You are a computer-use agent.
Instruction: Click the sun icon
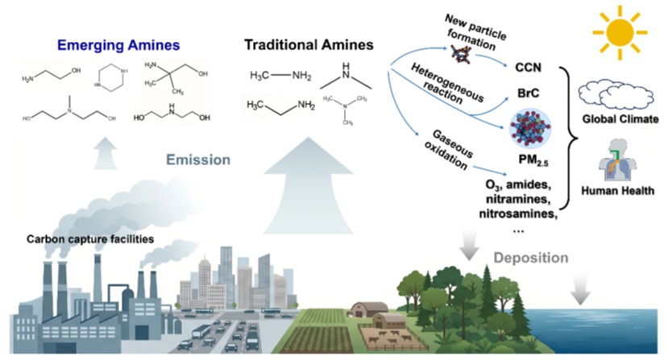point(620,32)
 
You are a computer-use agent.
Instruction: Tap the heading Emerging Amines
point(118,45)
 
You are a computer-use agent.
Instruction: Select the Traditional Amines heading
point(309,45)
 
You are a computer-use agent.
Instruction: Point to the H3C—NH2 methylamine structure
point(280,76)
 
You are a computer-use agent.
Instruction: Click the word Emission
point(198,159)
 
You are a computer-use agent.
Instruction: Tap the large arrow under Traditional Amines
point(309,185)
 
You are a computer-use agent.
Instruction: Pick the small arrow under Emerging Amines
point(105,153)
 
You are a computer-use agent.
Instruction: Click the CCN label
point(528,68)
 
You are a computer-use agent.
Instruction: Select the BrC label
point(529,93)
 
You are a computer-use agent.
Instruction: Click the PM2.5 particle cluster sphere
point(530,128)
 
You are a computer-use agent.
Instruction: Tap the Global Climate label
point(620,119)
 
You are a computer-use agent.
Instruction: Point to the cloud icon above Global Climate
point(616,93)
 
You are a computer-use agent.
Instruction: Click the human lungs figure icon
point(617,159)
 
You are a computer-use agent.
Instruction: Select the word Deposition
point(531,258)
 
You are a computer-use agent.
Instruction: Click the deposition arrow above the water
point(580,290)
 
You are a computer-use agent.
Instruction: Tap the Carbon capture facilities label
point(90,239)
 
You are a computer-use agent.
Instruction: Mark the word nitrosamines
point(518,213)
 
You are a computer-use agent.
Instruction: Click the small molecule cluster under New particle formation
point(462,54)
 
